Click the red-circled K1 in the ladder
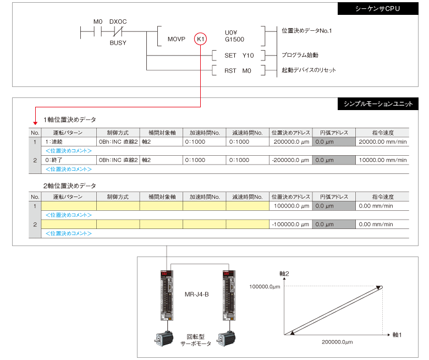(201, 39)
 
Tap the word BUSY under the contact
(117, 42)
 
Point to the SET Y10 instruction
(239, 55)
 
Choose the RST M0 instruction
(238, 70)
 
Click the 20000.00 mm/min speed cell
(382, 142)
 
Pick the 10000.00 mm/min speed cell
(382, 160)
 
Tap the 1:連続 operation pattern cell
(56, 142)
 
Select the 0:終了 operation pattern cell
(56, 160)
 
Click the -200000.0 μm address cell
(291, 160)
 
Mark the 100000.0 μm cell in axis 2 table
(291, 206)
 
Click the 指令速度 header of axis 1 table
(382, 133)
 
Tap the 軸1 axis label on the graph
(397, 334)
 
